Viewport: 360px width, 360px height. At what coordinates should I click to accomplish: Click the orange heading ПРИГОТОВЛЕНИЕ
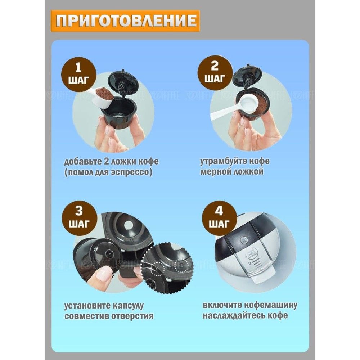point(125,21)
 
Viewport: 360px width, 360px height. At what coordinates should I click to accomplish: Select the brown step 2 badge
point(215,72)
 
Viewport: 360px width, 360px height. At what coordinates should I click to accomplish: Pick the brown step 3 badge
point(78,217)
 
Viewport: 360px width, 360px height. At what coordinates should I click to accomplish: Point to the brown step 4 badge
point(219,217)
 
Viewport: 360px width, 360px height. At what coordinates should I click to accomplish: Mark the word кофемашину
point(271,305)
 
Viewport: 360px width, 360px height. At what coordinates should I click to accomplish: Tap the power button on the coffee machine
point(242,240)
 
